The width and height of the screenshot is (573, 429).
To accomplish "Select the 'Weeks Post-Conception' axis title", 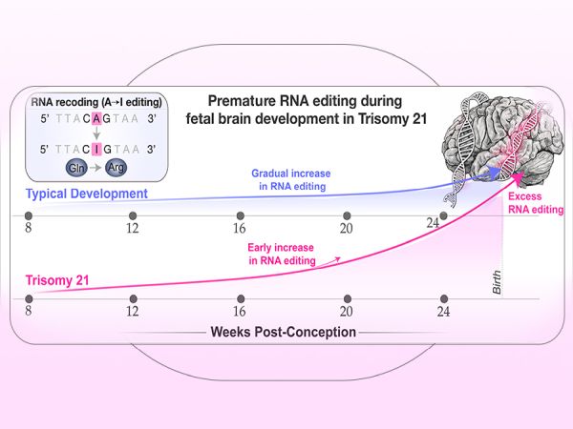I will pyautogui.click(x=285, y=332).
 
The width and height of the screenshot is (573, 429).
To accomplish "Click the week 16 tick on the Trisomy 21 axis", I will pyautogui.click(x=240, y=298).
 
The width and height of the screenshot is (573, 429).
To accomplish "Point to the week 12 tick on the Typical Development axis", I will pyautogui.click(x=132, y=215).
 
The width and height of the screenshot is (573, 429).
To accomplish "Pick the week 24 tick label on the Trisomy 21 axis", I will pyautogui.click(x=443, y=313).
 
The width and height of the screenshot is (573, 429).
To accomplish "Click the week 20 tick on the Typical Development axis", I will pyautogui.click(x=348, y=215).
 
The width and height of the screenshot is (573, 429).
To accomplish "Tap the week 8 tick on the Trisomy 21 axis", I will pyautogui.click(x=29, y=298).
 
